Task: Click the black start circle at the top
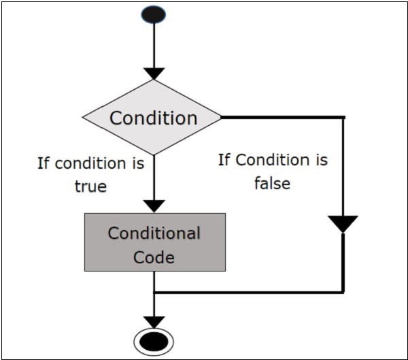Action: pyautogui.click(x=155, y=15)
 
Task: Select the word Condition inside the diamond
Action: pyautogui.click(x=153, y=117)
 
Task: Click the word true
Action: pyautogui.click(x=90, y=186)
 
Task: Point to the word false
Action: pyautogui.click(x=271, y=183)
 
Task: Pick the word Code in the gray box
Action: pyautogui.click(x=154, y=257)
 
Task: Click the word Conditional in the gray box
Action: pyautogui.click(x=154, y=233)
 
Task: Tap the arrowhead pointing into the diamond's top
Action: pyautogui.click(x=155, y=73)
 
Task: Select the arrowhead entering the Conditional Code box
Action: pyautogui.click(x=155, y=206)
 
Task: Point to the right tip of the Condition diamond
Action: pyautogui.click(x=221, y=117)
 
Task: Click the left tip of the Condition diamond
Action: pyautogui.click(x=83, y=117)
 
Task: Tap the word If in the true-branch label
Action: pyautogui.click(x=44, y=163)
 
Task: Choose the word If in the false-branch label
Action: pyautogui.click(x=225, y=161)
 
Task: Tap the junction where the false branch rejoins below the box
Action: pyautogui.click(x=155, y=293)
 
